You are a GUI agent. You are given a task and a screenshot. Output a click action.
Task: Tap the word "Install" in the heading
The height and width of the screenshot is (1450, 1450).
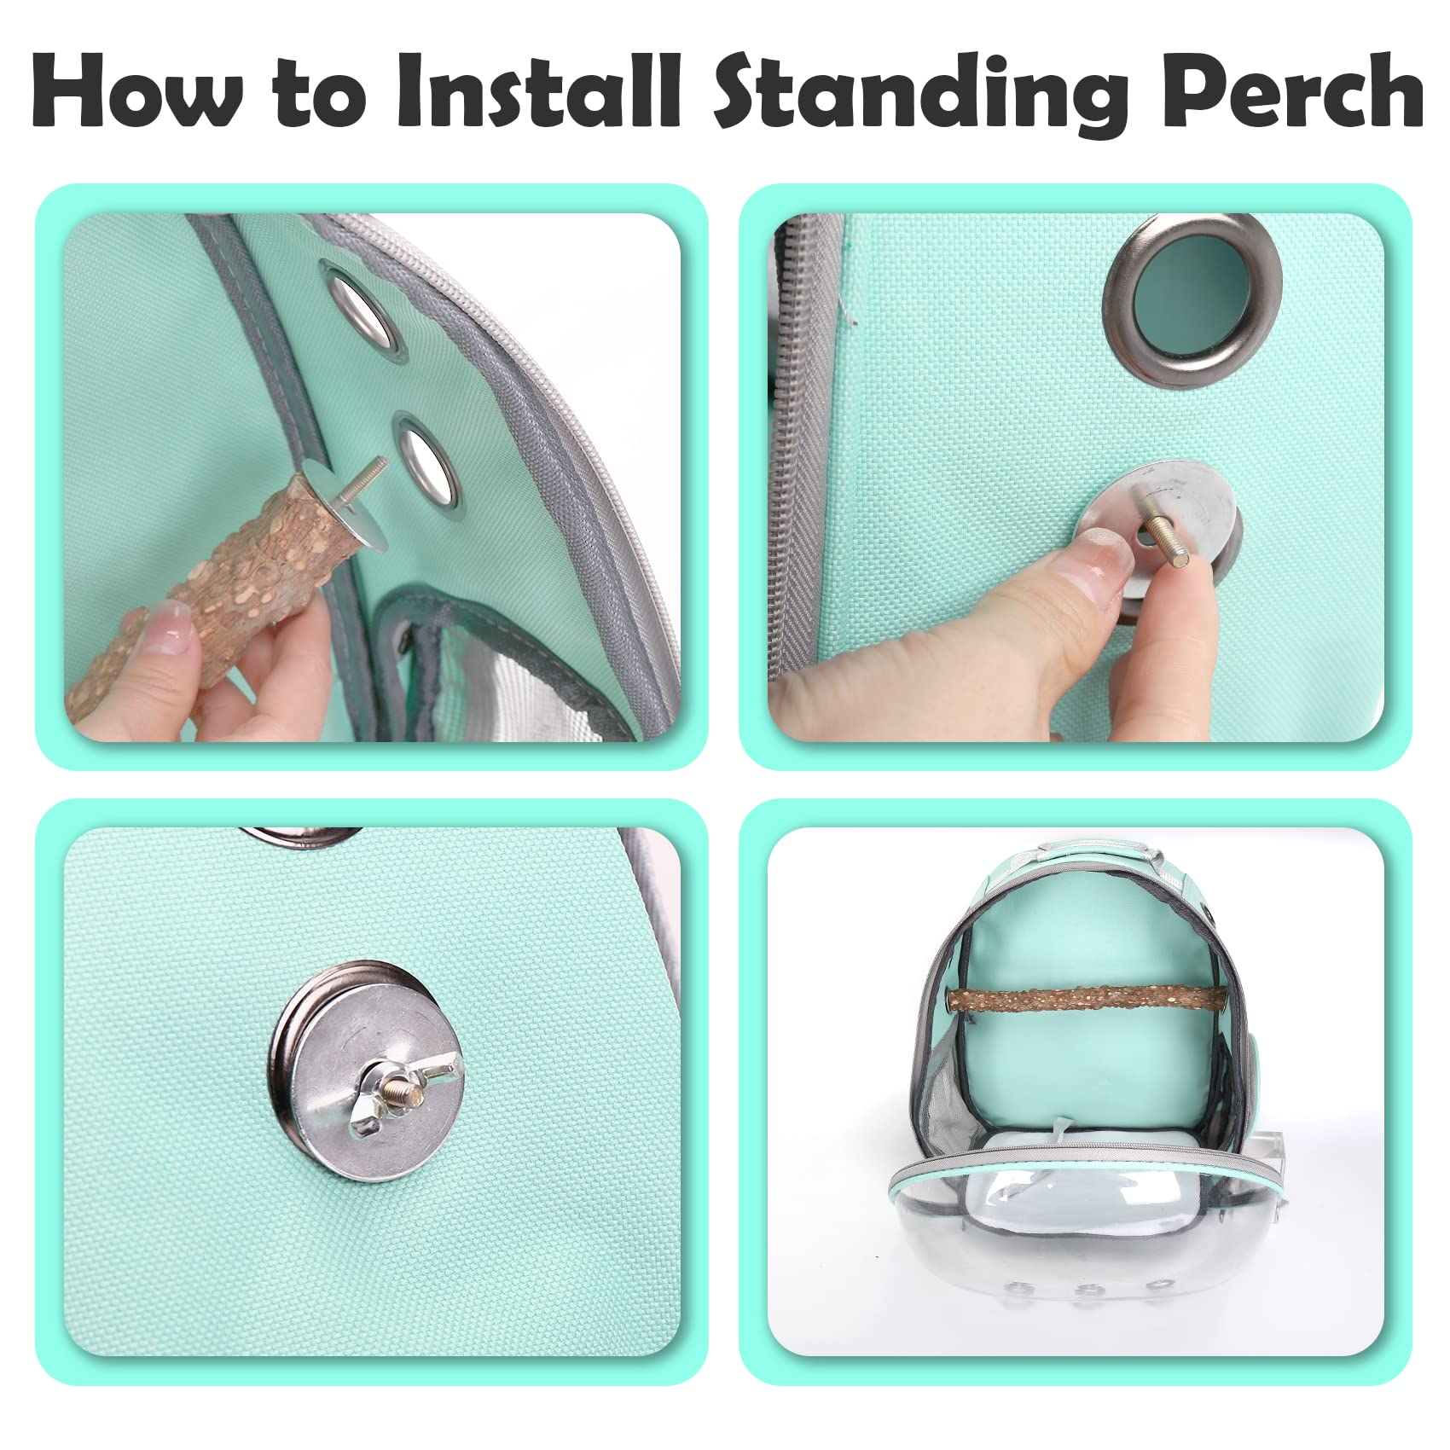(538, 92)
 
